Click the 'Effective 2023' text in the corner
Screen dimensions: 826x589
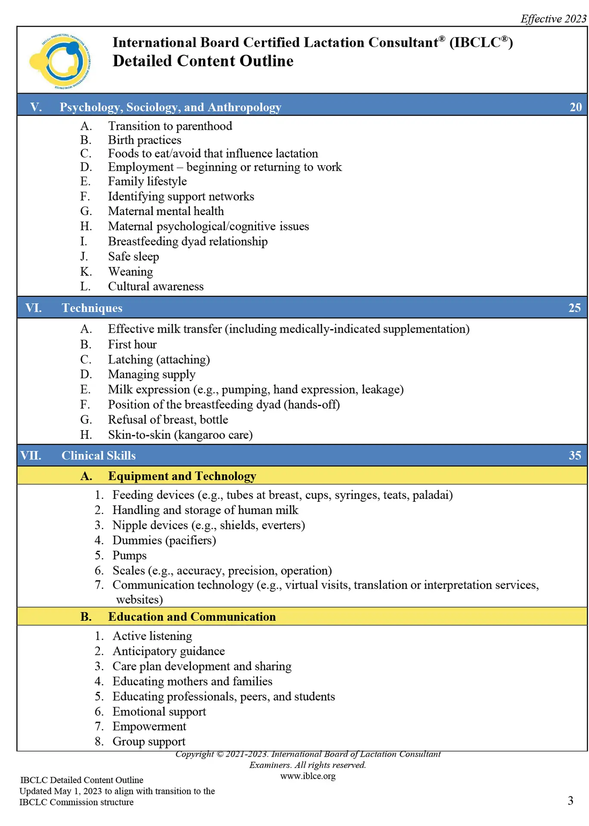553,19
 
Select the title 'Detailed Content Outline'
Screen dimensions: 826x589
203,61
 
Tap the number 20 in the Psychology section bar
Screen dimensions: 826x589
575,107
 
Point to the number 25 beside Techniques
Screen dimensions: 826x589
574,308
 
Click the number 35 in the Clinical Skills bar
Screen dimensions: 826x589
575,456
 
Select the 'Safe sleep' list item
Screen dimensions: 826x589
133,257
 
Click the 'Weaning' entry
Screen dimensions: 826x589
130,272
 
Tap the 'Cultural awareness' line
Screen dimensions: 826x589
155,287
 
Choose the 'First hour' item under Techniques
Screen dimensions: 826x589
132,345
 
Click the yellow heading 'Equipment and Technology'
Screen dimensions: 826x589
182,476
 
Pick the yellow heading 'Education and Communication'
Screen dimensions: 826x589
192,617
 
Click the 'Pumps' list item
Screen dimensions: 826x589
129,555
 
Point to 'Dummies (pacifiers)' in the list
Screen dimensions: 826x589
164,540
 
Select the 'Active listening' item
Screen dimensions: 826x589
152,636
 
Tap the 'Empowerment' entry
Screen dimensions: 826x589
149,727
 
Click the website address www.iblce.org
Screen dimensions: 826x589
308,776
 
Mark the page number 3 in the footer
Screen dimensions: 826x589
570,801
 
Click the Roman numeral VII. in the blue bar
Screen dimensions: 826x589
31,456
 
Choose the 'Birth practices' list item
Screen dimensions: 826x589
145,140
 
